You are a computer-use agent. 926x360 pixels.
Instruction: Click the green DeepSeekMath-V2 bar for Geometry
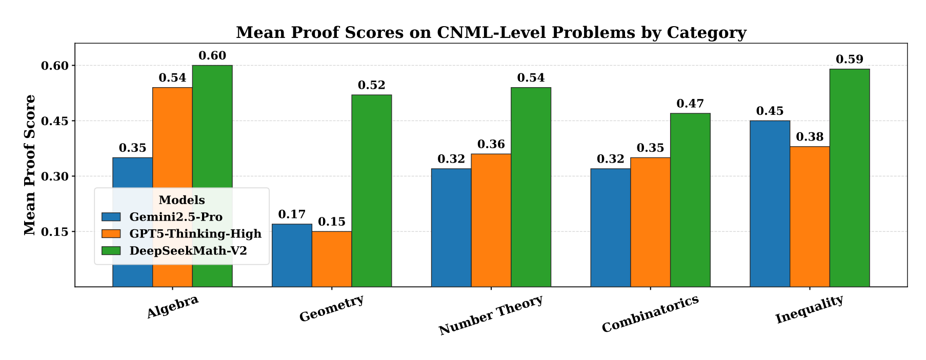coord(371,191)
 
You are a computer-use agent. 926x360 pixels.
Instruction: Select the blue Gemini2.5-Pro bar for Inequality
coord(770,204)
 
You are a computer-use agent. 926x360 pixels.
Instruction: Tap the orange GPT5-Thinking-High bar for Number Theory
coord(491,220)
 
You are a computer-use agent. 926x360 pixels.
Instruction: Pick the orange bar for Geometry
coord(332,259)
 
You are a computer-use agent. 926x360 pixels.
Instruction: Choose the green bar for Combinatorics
coord(690,200)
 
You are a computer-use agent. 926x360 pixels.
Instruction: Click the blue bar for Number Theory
coord(451,228)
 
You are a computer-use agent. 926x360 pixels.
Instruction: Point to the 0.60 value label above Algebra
coord(212,56)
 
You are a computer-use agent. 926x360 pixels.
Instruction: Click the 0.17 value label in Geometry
coord(292,214)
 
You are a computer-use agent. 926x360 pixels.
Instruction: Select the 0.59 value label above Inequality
coord(850,59)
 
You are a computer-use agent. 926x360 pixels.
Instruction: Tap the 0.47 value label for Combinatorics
coord(690,104)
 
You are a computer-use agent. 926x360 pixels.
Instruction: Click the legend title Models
coord(182,201)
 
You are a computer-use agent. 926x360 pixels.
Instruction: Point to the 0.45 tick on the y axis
coord(54,121)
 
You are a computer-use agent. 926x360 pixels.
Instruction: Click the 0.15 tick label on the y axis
coord(54,232)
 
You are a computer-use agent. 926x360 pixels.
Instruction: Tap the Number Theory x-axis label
coord(491,315)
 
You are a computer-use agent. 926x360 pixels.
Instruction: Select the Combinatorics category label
coord(650,314)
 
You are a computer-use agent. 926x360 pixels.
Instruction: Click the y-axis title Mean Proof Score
coord(30,165)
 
